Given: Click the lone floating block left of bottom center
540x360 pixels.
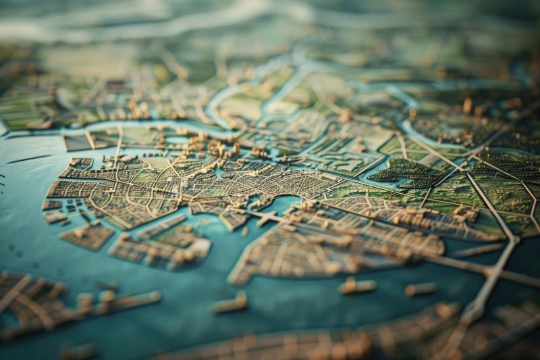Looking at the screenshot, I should [x=230, y=303].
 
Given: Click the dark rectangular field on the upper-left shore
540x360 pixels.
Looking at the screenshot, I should [x=76, y=143].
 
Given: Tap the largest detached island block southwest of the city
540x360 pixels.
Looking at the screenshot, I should [x=87, y=236].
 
